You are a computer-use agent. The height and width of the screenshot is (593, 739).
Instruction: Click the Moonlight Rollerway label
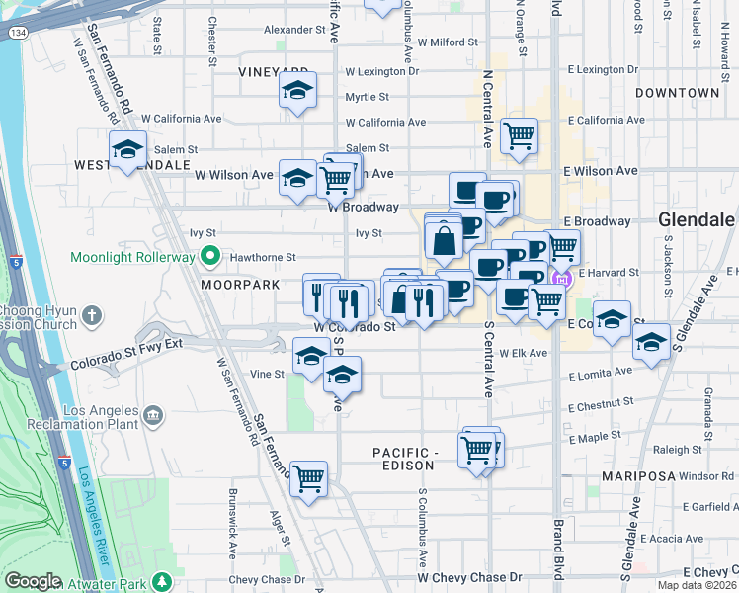point(130,258)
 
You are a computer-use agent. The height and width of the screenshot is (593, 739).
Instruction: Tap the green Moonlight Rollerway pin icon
point(209,258)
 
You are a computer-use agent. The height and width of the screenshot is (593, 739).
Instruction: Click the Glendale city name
point(696,219)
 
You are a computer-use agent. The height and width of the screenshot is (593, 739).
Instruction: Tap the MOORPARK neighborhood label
point(240,284)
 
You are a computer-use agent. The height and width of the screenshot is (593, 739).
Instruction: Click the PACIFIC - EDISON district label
point(405,460)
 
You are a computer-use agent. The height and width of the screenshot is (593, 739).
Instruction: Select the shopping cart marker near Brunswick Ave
point(309,479)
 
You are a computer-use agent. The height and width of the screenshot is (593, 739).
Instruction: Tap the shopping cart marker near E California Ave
point(519,135)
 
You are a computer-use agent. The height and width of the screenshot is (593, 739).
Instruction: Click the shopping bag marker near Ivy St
point(444,240)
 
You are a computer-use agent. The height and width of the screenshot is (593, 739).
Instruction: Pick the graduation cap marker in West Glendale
point(127,150)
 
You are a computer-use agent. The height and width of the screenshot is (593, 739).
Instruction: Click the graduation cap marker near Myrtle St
point(297,91)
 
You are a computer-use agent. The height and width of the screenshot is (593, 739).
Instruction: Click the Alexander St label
point(294,30)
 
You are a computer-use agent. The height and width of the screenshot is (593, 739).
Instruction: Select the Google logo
point(34,581)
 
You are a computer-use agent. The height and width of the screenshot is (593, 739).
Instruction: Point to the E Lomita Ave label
point(601,377)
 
